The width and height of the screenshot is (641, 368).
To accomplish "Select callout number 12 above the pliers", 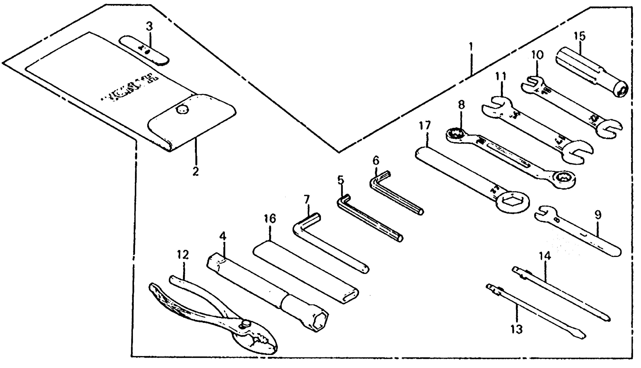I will pos(183,255).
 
